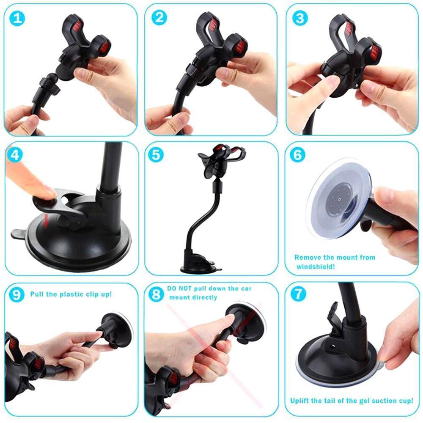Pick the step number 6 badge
pyautogui.click(x=298, y=155)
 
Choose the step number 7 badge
pyautogui.click(x=298, y=295)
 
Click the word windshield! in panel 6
pyautogui.click(x=316, y=267)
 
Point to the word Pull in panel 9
pyautogui.click(x=37, y=294)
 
